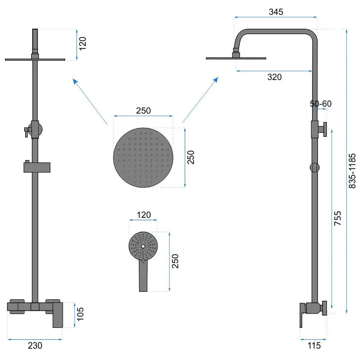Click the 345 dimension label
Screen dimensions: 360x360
click(x=276, y=12)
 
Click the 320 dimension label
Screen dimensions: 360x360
click(x=275, y=77)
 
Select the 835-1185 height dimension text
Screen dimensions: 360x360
click(x=352, y=171)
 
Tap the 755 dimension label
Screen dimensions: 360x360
click(x=337, y=218)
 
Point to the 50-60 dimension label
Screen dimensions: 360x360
click(x=320, y=104)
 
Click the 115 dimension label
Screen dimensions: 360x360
click(x=314, y=345)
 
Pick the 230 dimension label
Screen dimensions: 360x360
click(x=35, y=345)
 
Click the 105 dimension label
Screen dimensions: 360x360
click(x=80, y=314)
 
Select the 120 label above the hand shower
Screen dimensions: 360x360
click(x=144, y=215)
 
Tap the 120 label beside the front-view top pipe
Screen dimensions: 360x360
click(x=82, y=43)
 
